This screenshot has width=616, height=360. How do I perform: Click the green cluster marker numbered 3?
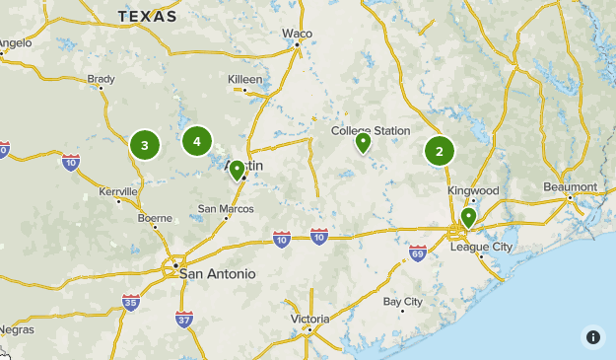pyautogui.click(x=145, y=146)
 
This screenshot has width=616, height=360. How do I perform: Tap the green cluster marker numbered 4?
pyautogui.click(x=197, y=141)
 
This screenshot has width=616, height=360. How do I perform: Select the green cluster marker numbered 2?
pyautogui.click(x=440, y=151)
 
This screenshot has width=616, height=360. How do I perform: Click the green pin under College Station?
pyautogui.click(x=363, y=143)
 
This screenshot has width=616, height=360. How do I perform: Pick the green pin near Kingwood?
pyautogui.click(x=468, y=217)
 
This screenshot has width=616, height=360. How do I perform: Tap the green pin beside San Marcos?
pyautogui.click(x=237, y=171)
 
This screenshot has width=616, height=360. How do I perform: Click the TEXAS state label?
pyautogui.click(x=147, y=17)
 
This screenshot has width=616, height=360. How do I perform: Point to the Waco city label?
pyautogui.click(x=297, y=34)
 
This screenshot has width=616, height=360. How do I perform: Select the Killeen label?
pyautogui.click(x=245, y=79)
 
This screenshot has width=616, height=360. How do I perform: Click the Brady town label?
pyautogui.click(x=101, y=79)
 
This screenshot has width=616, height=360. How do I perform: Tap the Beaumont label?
pyautogui.click(x=570, y=187)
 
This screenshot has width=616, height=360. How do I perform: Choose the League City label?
pyautogui.click(x=481, y=247)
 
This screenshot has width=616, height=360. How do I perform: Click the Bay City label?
pyautogui.click(x=402, y=302)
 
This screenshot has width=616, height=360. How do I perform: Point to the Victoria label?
pyautogui.click(x=309, y=320)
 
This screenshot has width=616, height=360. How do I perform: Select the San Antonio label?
pyautogui.click(x=217, y=273)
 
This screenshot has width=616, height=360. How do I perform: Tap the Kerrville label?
pyautogui.click(x=118, y=191)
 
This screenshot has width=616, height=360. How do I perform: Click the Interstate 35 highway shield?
pyautogui.click(x=131, y=302)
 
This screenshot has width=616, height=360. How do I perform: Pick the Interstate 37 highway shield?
pyautogui.click(x=184, y=318)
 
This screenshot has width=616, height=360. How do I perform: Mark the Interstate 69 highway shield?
pyautogui.click(x=418, y=253)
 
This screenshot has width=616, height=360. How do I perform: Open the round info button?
pyautogui.click(x=592, y=336)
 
